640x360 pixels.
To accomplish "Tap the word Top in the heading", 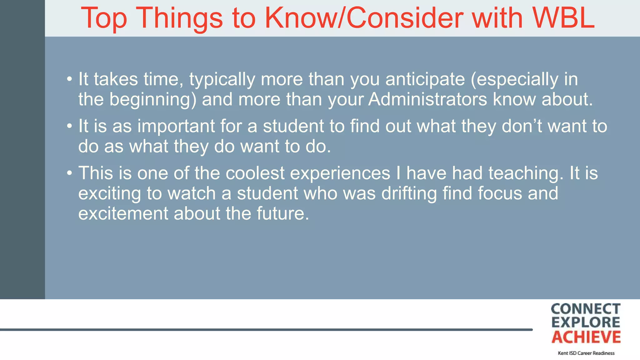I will coord(104,19).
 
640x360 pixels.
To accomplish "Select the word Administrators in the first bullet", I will coord(427,99).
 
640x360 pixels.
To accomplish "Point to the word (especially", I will coord(514,79).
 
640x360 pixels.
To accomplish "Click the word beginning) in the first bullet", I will coord(153,100).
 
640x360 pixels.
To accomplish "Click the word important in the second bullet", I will coord(176,127).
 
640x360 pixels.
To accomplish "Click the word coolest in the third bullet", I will coord(255,173).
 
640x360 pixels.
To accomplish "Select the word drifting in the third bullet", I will coord(409,193).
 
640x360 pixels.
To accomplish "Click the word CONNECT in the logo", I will coord(585,309).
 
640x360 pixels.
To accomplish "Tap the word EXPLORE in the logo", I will coord(585,322).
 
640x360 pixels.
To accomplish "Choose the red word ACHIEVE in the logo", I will coord(586,337).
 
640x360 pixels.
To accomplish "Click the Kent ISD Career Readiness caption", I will coord(586,353).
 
